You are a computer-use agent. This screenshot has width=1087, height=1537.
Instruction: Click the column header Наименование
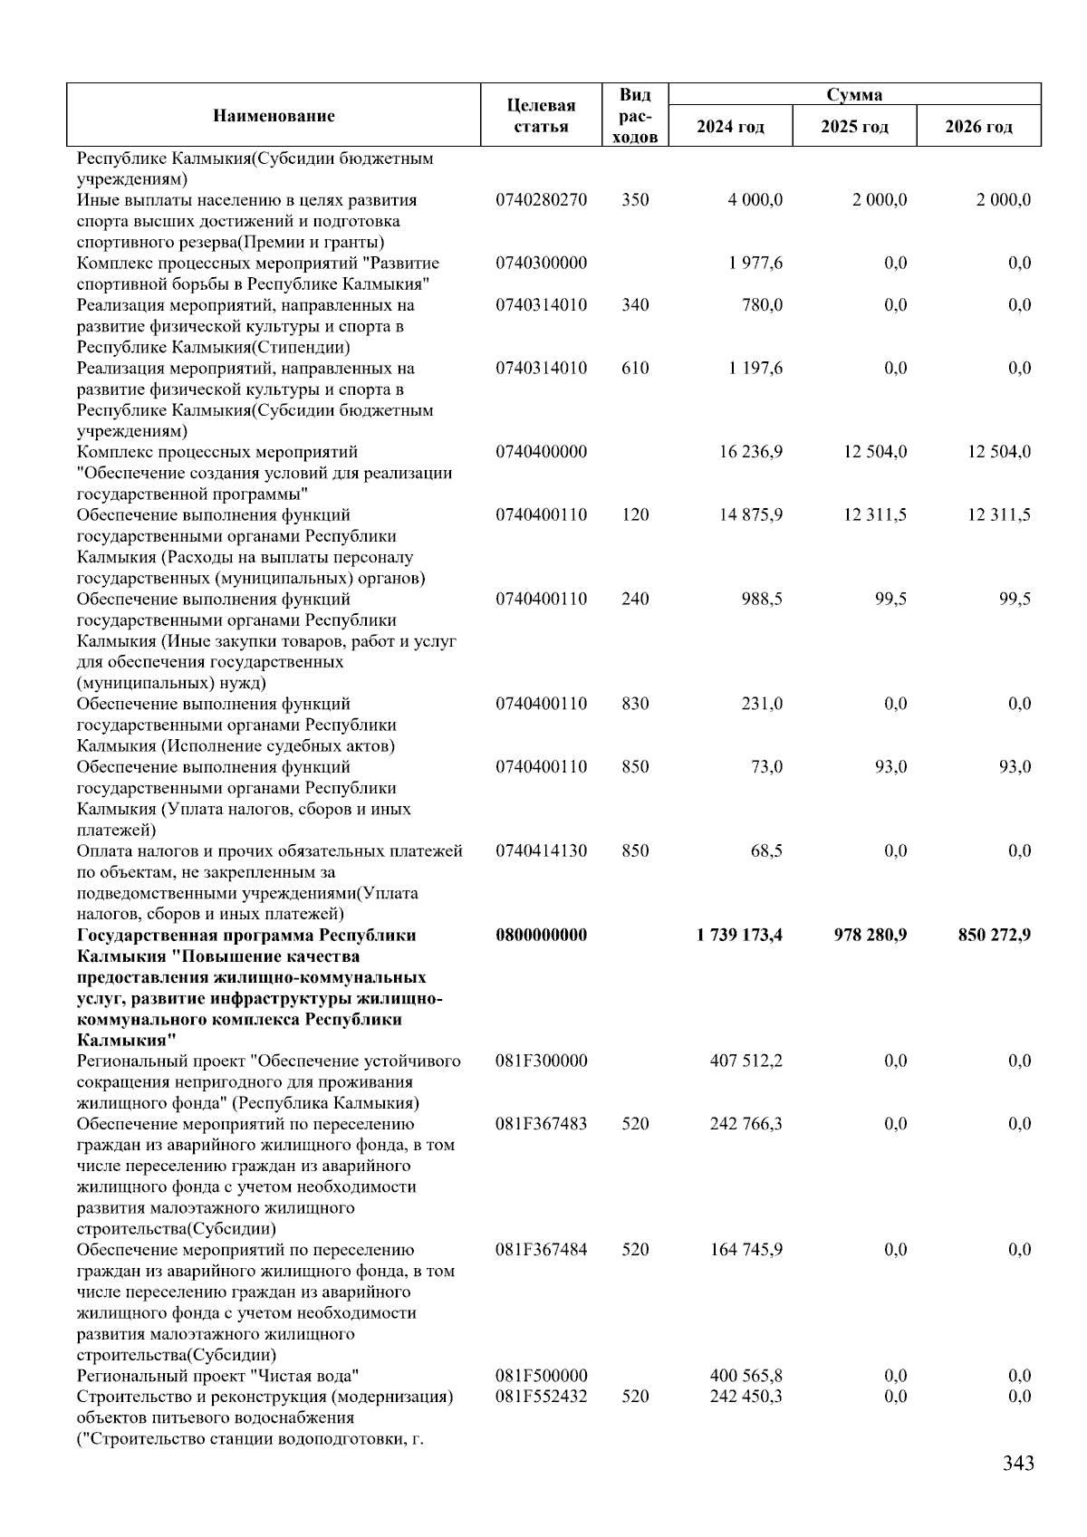274,115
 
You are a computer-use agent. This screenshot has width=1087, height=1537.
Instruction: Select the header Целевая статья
541,116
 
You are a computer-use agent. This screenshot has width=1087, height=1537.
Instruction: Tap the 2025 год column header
854,126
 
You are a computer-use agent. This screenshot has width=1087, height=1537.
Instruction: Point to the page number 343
1018,1488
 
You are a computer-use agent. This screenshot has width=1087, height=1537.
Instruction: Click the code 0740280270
541,200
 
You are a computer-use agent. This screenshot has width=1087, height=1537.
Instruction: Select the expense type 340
635,305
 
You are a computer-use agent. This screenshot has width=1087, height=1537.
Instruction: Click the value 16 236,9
751,452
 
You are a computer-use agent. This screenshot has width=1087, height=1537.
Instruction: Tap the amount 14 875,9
751,515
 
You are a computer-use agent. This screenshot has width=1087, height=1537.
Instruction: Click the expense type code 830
635,704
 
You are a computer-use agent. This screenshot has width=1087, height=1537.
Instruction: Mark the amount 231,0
762,704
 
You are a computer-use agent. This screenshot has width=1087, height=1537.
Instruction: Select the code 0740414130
541,850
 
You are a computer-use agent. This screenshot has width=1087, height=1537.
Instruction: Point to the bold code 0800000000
541,935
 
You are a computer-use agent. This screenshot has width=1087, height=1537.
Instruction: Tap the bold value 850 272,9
994,935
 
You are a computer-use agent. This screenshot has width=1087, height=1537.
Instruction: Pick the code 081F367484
541,1250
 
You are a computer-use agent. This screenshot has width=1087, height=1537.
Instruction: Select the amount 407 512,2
746,1061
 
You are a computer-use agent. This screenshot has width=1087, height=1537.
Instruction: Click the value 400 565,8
746,1376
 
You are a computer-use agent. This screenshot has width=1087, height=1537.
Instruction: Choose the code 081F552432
541,1397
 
